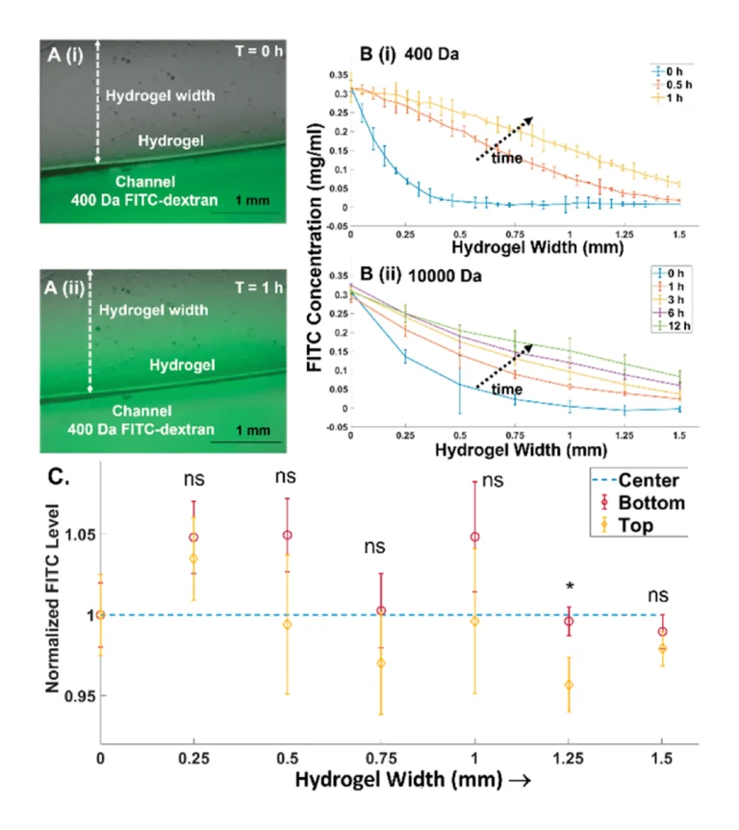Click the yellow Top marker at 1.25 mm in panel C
[569, 685]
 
